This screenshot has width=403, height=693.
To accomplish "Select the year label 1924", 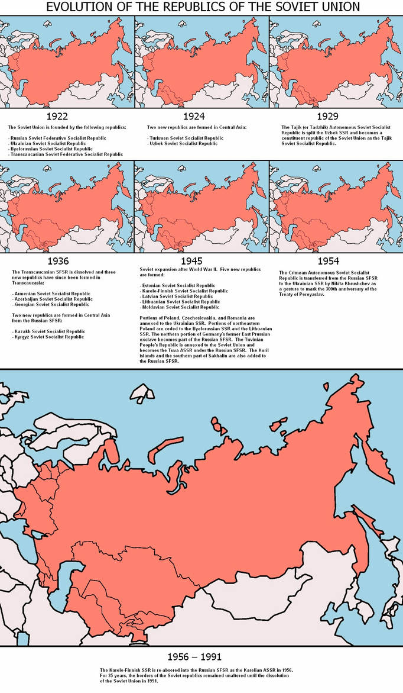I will coord(194,116).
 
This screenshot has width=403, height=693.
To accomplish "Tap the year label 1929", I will coord(327,116).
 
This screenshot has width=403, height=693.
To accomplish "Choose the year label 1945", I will coord(193,260).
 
